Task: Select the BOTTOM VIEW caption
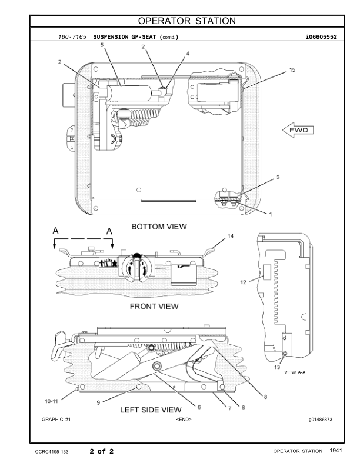[x=159, y=226]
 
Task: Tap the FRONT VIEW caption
[x=154, y=306]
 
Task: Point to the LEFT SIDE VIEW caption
[x=151, y=410]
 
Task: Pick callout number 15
[x=292, y=69]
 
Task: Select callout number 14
[x=231, y=236]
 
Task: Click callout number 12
[x=242, y=282]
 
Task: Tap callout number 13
[x=276, y=367]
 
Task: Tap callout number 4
[x=188, y=54]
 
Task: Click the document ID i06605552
[x=321, y=36]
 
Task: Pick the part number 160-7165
[x=72, y=36]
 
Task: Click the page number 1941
[x=336, y=451]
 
